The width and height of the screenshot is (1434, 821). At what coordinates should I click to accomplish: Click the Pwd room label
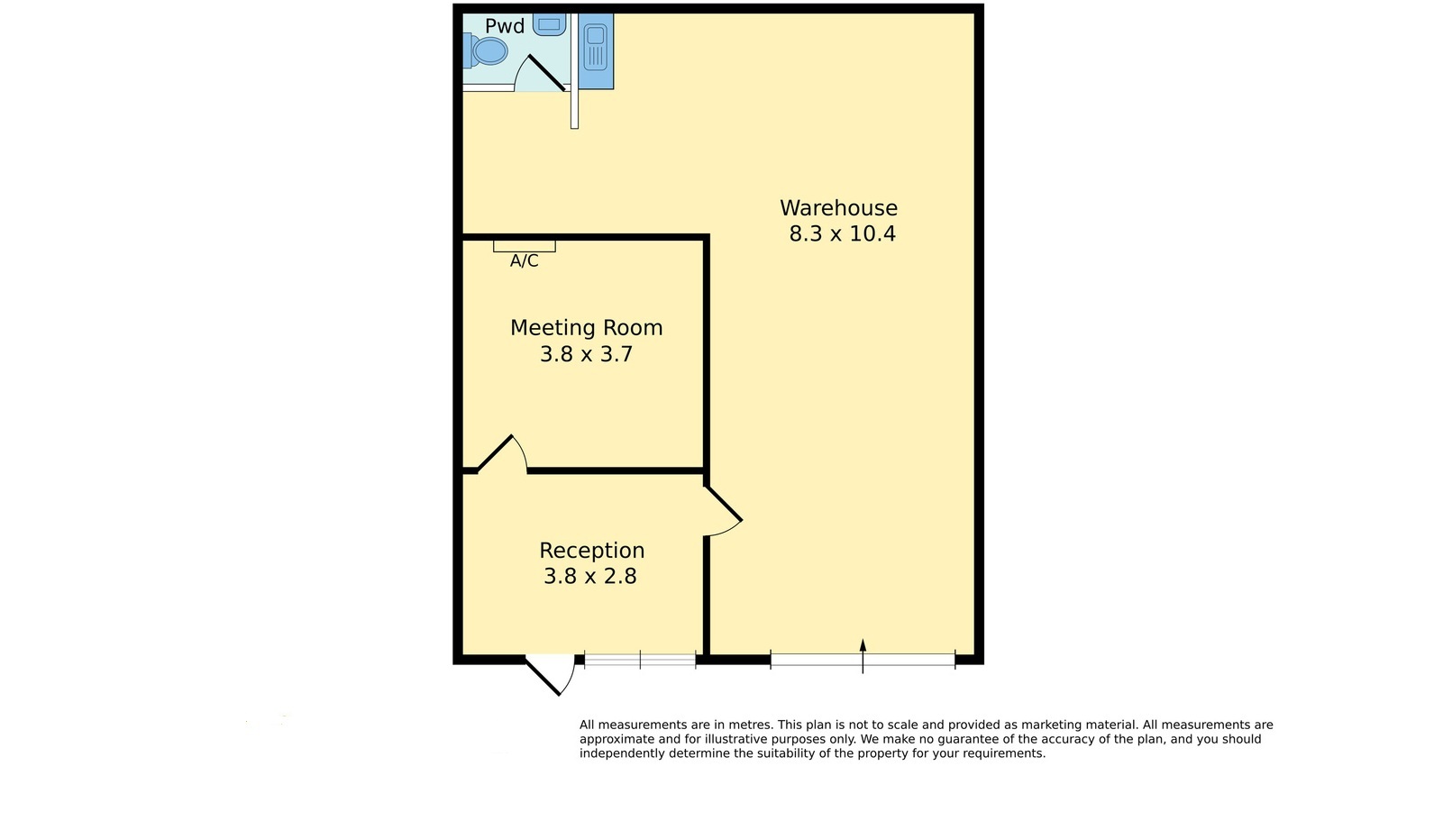pyautogui.click(x=505, y=26)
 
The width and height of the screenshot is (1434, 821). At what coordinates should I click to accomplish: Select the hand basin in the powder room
pyautogui.click(x=549, y=24)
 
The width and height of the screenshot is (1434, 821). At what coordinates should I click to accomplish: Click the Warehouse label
pyautogui.click(x=838, y=208)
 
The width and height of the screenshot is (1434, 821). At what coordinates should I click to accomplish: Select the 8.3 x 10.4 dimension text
pyautogui.click(x=842, y=233)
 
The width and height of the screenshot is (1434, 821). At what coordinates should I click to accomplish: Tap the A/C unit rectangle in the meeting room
pyautogui.click(x=525, y=246)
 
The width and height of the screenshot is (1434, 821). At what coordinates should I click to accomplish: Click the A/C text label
pyautogui.click(x=525, y=261)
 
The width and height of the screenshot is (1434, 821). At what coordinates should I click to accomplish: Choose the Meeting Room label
pyautogui.click(x=587, y=328)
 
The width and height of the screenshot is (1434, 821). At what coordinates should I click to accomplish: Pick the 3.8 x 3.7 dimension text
pyautogui.click(x=587, y=354)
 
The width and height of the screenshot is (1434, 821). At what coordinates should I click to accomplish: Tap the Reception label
pyautogui.click(x=591, y=551)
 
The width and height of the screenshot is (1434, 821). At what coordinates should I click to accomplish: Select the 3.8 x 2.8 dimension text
pyautogui.click(x=590, y=576)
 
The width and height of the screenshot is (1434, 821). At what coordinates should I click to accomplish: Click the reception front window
pyautogui.click(x=640, y=660)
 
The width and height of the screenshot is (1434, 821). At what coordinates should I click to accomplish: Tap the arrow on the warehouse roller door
pyautogui.click(x=863, y=656)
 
